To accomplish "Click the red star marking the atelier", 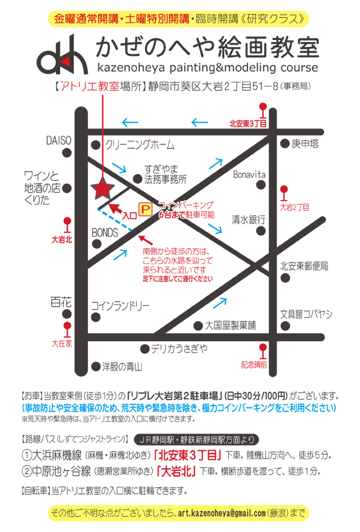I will (102, 189).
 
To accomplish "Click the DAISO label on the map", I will (58, 141).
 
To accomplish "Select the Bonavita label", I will (250, 174).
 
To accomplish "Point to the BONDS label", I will (104, 233).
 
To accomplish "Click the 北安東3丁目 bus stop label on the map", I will (248, 123).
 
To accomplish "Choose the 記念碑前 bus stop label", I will (254, 364).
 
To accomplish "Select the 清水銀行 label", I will (249, 219).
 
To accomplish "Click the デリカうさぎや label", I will (179, 348).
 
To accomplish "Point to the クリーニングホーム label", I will (140, 145).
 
